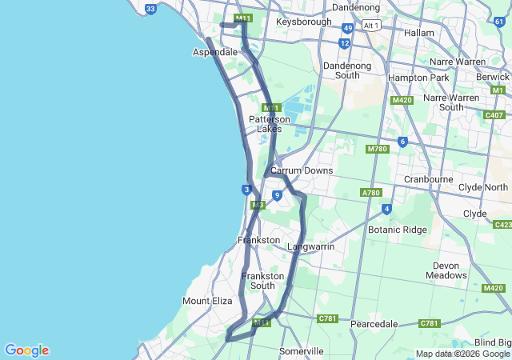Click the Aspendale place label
tap(215, 52)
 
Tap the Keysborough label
tap(303, 22)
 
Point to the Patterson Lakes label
tap(270, 124)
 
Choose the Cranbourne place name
tap(429, 179)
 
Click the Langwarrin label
tap(310, 246)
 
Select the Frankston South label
tap(263, 281)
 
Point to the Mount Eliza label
tap(207, 301)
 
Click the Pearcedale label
tap(375, 324)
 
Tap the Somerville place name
tap(302, 351)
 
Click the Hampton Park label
tap(418, 78)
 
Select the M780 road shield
tap(377, 150)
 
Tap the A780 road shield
tap(371, 193)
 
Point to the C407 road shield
tap(494, 115)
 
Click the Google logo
tap(26, 350)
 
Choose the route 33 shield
tap(151, 9)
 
